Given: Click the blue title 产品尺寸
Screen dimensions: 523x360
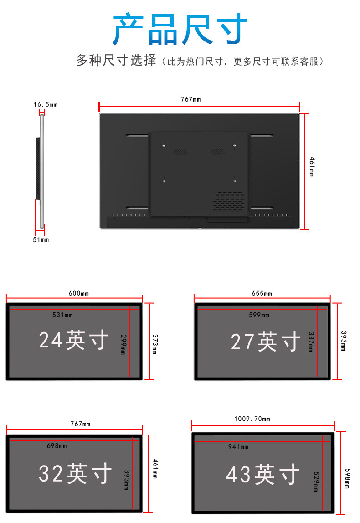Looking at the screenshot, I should pos(180,30).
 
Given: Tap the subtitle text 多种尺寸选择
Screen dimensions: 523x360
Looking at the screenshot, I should pos(116,61).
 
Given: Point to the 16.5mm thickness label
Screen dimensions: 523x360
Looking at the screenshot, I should pos(45,104).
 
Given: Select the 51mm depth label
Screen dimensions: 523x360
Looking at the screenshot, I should pos(41,240).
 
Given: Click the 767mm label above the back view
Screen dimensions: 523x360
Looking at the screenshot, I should pos(191,99).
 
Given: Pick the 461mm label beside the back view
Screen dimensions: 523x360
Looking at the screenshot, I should pos(312,167).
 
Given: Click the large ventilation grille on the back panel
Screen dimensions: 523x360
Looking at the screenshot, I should pos(229,202).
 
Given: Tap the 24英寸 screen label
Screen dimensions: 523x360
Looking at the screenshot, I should pos(74,340).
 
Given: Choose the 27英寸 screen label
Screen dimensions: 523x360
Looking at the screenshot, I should pos(266,342).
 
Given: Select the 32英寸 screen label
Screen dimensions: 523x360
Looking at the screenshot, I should pos(75,473).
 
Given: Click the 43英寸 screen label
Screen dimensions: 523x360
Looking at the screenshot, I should pos(263,475).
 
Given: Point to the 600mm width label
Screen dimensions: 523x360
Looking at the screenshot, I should pos(79,293).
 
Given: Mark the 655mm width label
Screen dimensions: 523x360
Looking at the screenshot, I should pos(262,293).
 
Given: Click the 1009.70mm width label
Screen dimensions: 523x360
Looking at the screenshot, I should pos(252,419).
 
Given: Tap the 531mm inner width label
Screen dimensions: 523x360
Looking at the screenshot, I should pos(62,315).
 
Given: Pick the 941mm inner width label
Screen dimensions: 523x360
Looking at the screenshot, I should pos(238,447).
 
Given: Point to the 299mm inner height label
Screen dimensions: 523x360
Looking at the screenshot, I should pos(123,344).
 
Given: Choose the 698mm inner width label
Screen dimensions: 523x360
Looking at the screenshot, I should pos(57,445).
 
